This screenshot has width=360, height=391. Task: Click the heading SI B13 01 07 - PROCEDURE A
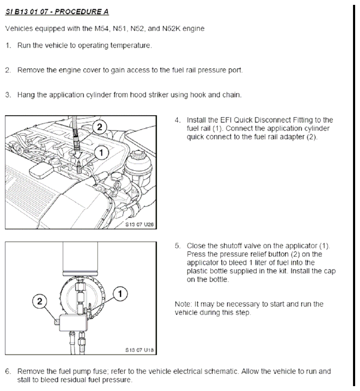tap(57, 12)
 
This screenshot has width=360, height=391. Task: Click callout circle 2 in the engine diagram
tap(99, 127)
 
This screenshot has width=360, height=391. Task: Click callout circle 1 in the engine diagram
tap(101, 153)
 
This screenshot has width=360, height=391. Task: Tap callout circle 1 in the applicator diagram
tap(120, 294)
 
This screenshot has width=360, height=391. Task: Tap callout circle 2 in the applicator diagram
tap(39, 301)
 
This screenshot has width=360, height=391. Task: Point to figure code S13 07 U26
tap(139, 224)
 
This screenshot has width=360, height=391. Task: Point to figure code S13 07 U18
tap(139, 350)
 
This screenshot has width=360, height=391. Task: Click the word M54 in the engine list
tap(102, 29)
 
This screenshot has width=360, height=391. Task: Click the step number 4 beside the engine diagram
tap(177, 120)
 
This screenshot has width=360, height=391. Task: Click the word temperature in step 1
tap(131, 45)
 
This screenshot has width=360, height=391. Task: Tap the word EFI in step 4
tap(226, 120)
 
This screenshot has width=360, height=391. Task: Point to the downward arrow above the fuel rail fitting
tap(78, 156)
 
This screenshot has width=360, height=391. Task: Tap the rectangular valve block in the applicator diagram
tap(74, 323)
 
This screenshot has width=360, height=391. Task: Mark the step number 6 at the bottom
tap(8, 372)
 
